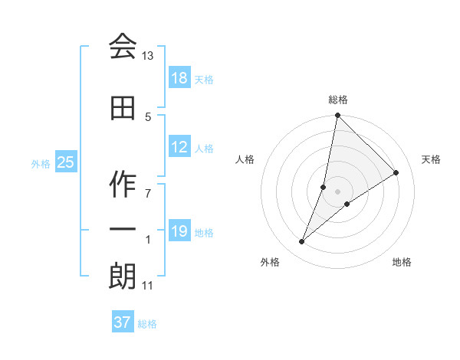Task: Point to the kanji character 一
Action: (x=123, y=230)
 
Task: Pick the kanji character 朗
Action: (x=123, y=276)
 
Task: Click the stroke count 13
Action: (x=148, y=56)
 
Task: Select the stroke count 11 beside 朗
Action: (x=147, y=286)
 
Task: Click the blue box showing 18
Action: (x=179, y=77)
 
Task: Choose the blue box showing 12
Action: (x=179, y=147)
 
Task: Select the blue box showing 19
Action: (x=179, y=231)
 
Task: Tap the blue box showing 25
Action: (x=65, y=162)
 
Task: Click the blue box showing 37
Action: (x=122, y=322)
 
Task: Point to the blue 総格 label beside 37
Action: (x=147, y=324)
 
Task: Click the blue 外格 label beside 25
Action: (x=41, y=163)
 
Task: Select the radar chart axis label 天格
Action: (x=431, y=159)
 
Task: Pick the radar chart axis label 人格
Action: (x=245, y=159)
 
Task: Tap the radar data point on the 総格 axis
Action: (x=337, y=116)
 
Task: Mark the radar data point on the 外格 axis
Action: (x=302, y=242)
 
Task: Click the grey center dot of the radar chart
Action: (x=337, y=191)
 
